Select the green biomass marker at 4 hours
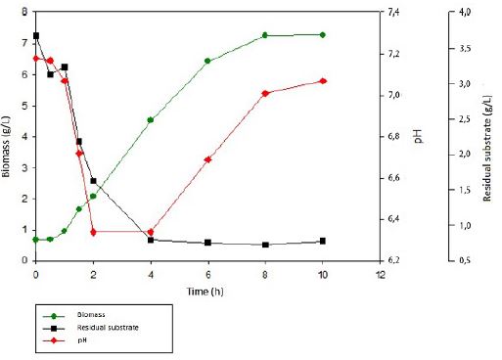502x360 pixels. pyautogui.click(x=150, y=120)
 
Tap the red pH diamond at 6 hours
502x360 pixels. pyautogui.click(x=207, y=159)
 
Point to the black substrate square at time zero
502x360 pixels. pyautogui.click(x=36, y=35)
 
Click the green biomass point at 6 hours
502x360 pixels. pyautogui.click(x=207, y=61)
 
